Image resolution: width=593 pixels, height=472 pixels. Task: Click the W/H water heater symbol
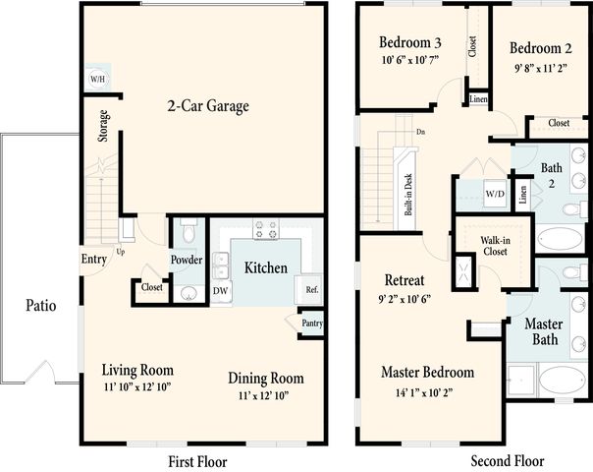(x=97, y=80)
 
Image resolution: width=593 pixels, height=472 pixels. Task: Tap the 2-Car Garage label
(x=208, y=105)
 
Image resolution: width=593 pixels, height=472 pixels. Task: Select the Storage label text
(x=103, y=126)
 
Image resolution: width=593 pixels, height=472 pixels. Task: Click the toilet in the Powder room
(x=188, y=230)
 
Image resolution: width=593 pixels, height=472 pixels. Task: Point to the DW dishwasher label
(x=221, y=290)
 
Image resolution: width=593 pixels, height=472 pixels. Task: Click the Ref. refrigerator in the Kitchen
(x=309, y=289)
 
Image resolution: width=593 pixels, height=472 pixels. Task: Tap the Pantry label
(x=312, y=324)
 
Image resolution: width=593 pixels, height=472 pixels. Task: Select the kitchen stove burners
(x=266, y=229)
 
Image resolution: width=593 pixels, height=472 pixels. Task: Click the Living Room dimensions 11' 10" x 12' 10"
(x=137, y=386)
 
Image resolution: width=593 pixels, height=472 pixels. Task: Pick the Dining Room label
(x=266, y=378)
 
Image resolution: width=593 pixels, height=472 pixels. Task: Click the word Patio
(x=41, y=305)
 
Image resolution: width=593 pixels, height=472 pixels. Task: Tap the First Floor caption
(x=197, y=462)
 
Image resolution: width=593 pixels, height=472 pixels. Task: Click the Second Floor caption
(x=508, y=460)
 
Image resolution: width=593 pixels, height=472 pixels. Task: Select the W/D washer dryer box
(x=495, y=194)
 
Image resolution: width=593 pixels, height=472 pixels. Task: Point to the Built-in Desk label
(x=408, y=195)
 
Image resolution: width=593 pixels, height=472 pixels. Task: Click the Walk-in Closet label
(x=495, y=246)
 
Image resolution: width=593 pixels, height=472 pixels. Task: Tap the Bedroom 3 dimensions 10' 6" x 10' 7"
(x=410, y=60)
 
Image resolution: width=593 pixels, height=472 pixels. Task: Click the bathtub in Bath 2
(x=560, y=238)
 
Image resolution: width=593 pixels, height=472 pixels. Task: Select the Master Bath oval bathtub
(x=563, y=380)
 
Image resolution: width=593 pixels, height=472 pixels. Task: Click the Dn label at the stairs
(x=420, y=132)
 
